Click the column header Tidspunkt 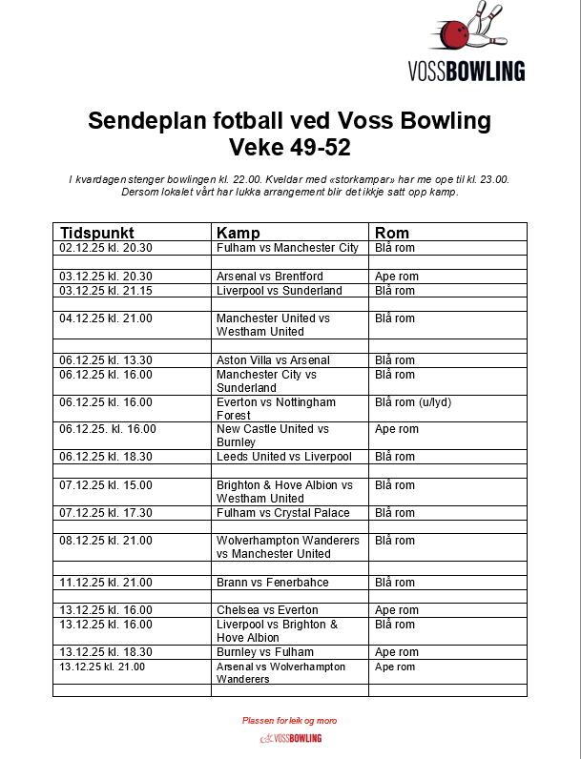pos(97,233)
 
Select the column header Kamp pos(239,233)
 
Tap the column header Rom pos(392,233)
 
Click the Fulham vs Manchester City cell pos(287,248)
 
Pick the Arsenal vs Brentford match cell pos(270,277)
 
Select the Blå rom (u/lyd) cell pos(413,401)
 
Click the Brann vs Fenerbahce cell pos(273,582)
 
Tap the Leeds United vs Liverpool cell pos(283,457)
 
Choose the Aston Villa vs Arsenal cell pos(273,360)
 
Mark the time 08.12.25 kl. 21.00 pos(106,541)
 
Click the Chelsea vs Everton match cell pos(267,610)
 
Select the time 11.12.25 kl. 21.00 pos(106,582)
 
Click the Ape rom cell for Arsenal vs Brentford pos(397,277)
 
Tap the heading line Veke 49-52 pos(289,148)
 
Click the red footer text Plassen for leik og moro pos(289,721)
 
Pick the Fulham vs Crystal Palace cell pos(282,513)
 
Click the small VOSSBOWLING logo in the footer pos(290,738)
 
